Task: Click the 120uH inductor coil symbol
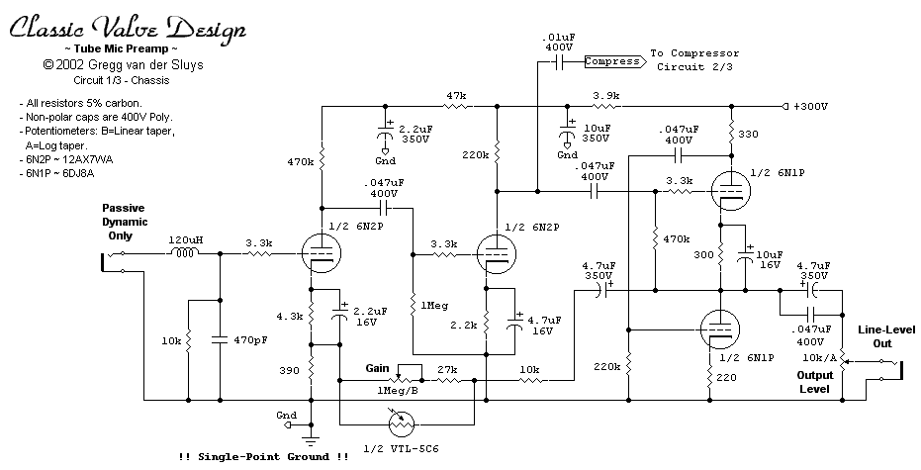click(x=184, y=252)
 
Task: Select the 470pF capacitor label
click(x=251, y=339)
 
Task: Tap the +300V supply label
click(x=810, y=106)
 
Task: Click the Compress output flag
click(x=612, y=61)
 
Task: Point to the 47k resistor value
click(x=456, y=95)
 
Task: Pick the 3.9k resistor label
click(x=606, y=95)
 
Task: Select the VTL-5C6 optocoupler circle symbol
click(x=402, y=423)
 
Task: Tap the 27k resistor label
click(x=447, y=369)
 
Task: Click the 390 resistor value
click(x=290, y=370)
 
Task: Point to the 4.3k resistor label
click(x=290, y=317)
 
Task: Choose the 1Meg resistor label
click(x=434, y=306)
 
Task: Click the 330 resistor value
click(x=748, y=134)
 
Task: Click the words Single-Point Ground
click(x=263, y=456)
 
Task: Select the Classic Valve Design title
click(x=128, y=27)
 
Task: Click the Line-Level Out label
click(x=882, y=336)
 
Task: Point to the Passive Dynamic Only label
click(x=125, y=222)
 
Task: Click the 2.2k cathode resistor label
click(x=464, y=325)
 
